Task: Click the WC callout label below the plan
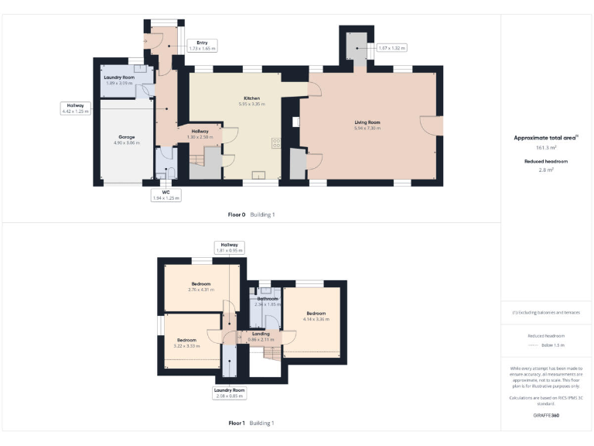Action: [165, 195]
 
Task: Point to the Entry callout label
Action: [202, 46]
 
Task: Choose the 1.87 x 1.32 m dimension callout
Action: [391, 48]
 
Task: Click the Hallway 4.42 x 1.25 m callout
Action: [76, 108]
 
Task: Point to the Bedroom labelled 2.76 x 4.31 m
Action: [201, 286]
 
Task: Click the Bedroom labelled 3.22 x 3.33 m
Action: [186, 342]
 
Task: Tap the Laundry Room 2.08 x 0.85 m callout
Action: [230, 393]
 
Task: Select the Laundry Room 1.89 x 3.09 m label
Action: [120, 80]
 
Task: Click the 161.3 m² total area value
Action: [546, 146]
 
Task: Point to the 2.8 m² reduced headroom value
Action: [546, 169]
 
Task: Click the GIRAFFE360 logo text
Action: [546, 416]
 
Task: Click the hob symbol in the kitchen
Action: [275, 142]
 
